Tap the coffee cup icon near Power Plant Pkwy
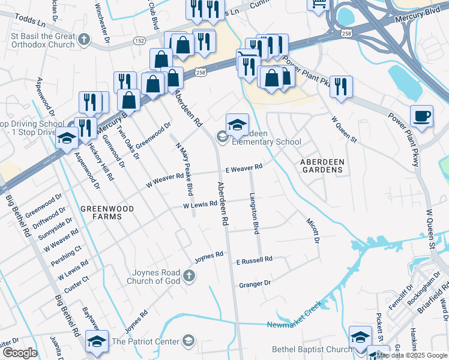point(422,116)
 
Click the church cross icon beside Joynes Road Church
point(188,275)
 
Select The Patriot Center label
point(146,341)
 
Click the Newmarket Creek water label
point(294,314)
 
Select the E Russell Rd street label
point(254,260)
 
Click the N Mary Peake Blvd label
point(182,169)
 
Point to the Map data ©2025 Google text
point(411,355)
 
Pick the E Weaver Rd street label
point(244,168)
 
